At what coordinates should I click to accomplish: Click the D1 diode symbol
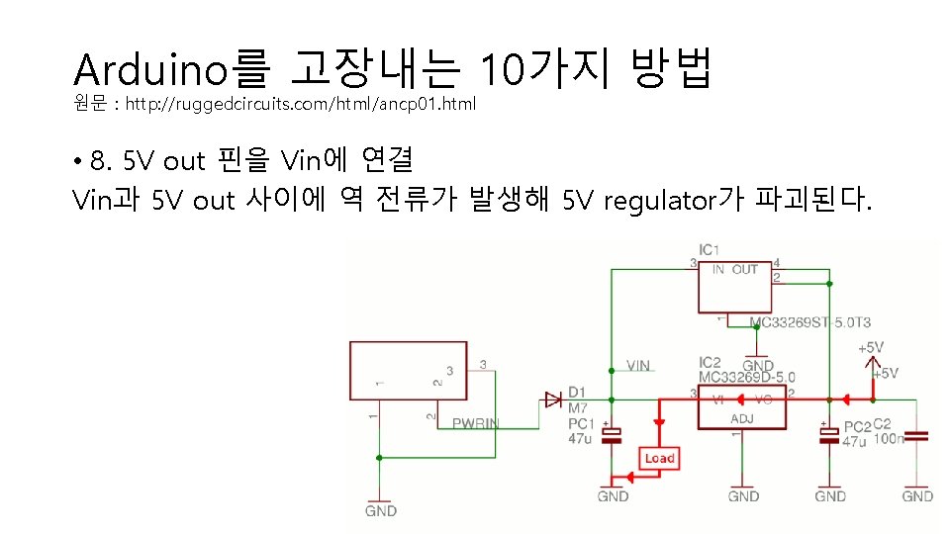[553, 400]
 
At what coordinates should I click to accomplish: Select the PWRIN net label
[476, 424]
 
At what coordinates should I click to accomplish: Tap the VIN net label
[638, 366]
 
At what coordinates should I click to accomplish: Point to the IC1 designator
[709, 249]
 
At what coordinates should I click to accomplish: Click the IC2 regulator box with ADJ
[742, 407]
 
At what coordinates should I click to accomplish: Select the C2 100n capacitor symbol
[917, 435]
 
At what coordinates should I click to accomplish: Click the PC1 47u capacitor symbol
[614, 434]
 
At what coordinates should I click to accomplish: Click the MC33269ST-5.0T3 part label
[809, 322]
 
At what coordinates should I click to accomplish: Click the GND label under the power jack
[380, 510]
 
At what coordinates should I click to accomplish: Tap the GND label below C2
[917, 495]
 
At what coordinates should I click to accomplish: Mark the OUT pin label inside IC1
[745, 269]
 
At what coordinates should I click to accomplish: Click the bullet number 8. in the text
[102, 160]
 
